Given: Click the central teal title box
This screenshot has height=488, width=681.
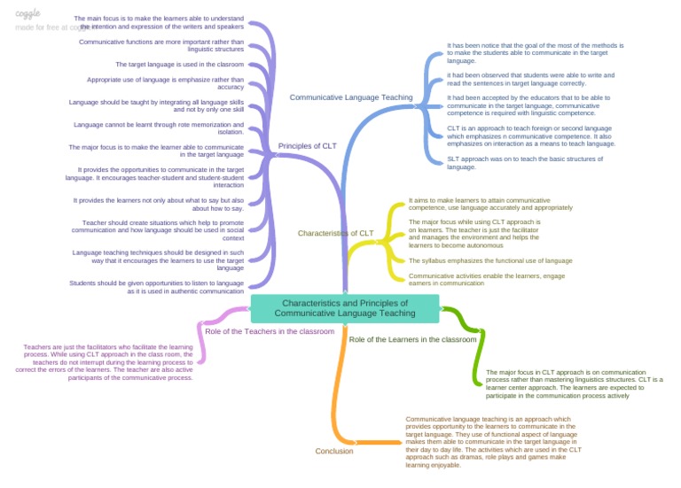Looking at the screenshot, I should click(x=345, y=308).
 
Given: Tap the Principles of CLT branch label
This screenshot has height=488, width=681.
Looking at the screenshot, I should click(x=307, y=146).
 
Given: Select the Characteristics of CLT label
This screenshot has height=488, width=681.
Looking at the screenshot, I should click(x=335, y=234).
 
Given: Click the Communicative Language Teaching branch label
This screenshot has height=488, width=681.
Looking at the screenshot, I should click(x=351, y=97).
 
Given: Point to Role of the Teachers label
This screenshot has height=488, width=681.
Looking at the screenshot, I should click(x=270, y=331).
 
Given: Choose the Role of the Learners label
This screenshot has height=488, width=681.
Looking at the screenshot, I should click(x=412, y=339).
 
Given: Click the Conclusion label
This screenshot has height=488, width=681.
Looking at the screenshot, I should click(x=334, y=451).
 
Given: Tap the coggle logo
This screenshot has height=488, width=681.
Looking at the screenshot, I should click(x=28, y=13).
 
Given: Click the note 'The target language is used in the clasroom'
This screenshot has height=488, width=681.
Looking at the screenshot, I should click(x=179, y=65).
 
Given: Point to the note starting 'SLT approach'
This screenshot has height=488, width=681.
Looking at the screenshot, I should click(x=513, y=162).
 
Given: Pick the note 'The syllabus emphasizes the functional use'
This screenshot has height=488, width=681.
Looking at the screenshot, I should click(x=489, y=261).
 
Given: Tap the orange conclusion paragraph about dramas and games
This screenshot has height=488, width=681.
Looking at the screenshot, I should click(x=494, y=441).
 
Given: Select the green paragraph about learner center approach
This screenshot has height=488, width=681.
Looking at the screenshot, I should click(x=574, y=383).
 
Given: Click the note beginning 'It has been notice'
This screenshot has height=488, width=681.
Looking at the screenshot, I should click(x=535, y=52).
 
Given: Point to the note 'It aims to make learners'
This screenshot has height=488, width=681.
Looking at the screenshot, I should click(x=479, y=204).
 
